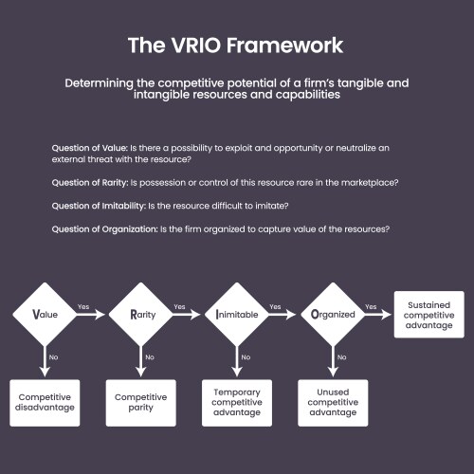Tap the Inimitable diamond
(x=236, y=314)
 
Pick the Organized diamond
(x=333, y=314)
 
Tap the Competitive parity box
(x=140, y=402)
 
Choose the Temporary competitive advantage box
(x=237, y=402)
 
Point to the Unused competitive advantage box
(x=333, y=402)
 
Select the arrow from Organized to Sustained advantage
(x=377, y=314)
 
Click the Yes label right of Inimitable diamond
(x=276, y=306)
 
